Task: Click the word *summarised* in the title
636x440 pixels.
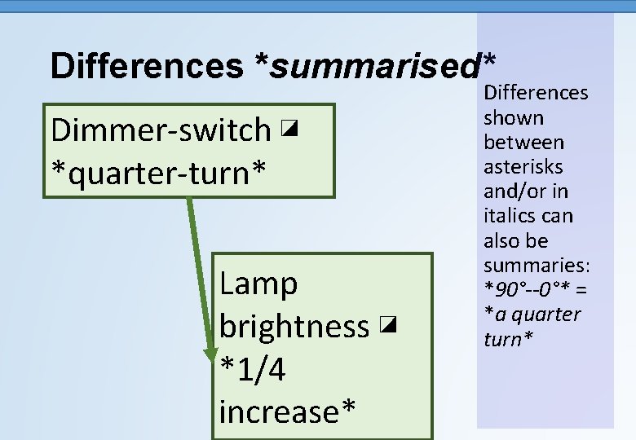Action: (375, 66)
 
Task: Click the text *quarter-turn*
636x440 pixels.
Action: (159, 172)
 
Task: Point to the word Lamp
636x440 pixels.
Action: (258, 284)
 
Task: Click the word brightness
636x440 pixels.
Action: (294, 327)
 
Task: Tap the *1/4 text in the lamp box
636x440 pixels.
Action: (253, 370)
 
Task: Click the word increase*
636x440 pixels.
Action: (287, 412)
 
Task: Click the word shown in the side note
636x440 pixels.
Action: (514, 118)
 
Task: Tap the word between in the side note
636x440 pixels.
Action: (523, 143)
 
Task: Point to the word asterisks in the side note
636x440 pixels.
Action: (523, 167)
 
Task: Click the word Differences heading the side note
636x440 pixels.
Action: (537, 94)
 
